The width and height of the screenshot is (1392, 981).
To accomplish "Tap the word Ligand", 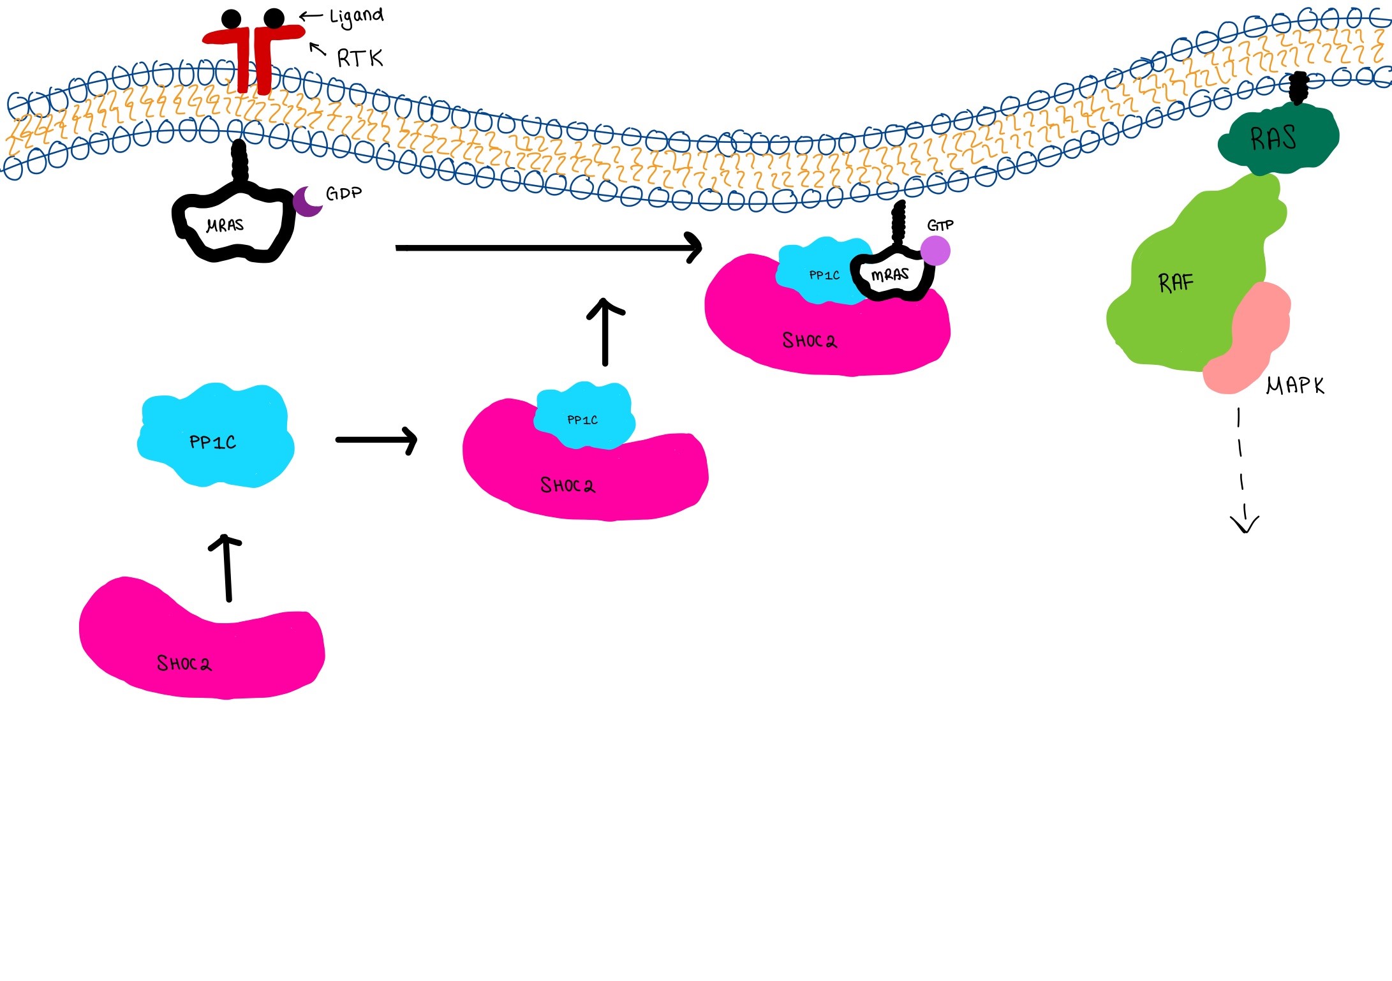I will pos(356,17).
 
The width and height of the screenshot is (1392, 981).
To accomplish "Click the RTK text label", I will pos(359,59).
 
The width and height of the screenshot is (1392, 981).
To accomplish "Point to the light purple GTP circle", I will pos(935,251).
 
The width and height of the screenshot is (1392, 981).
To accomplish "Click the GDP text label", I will pos(343,193).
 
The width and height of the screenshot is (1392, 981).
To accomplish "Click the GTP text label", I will pos(940,225).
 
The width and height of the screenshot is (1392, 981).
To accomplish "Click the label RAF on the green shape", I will pos(1175,282).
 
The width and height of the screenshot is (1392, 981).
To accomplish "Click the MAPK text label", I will pos(1294,385).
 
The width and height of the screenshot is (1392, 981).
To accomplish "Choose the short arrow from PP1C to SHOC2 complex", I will pos(376,439).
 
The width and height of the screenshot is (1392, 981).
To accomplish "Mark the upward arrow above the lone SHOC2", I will pos(226,568).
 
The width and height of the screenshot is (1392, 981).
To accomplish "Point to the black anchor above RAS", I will pos(1298,88).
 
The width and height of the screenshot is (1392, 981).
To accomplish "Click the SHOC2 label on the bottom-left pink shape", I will pos(184,663).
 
